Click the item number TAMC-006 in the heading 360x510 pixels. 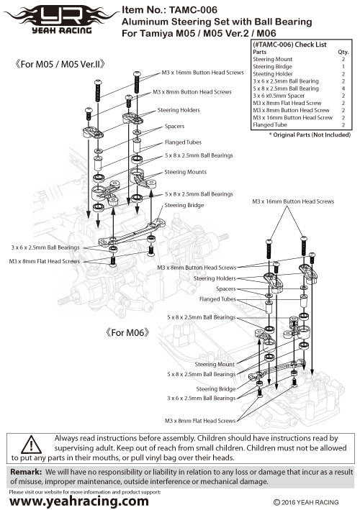click(x=193, y=10)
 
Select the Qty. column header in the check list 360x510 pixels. click(x=343, y=52)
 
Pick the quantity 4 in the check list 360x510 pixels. click(x=343, y=88)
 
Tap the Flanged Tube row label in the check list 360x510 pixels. click(x=270, y=125)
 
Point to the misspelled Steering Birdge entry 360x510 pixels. click(x=272, y=67)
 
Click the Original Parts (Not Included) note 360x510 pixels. click(x=310, y=135)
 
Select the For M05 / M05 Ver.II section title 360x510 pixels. click(x=60, y=64)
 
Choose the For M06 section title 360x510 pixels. click(x=128, y=332)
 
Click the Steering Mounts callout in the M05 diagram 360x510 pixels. click(x=185, y=172)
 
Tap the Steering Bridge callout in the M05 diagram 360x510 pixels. click(x=184, y=205)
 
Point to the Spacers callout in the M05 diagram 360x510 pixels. click(x=174, y=126)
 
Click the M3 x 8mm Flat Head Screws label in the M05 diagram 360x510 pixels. click(x=45, y=261)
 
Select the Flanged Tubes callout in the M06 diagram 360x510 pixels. click(x=217, y=299)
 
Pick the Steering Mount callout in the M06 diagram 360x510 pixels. click(x=215, y=364)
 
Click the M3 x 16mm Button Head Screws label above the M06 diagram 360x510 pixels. click(x=293, y=201)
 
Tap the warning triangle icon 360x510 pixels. click(x=31, y=445)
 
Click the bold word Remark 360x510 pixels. click(x=26, y=472)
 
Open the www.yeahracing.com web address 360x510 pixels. click(x=79, y=501)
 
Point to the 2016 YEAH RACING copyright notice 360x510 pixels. click(x=306, y=503)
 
